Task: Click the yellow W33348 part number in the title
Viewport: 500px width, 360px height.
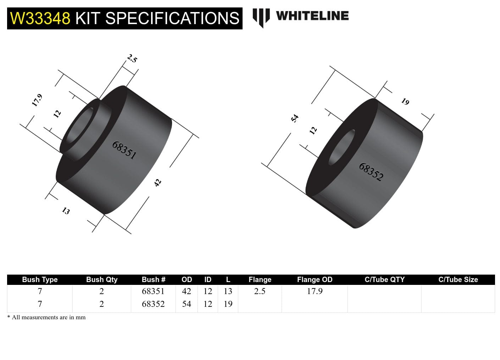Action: (40, 18)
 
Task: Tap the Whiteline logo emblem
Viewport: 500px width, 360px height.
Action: (261, 17)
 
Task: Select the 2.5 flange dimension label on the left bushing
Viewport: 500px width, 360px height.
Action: (132, 58)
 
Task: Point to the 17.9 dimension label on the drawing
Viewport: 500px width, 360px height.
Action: (37, 100)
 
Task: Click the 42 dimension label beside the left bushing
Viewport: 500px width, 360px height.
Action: (157, 182)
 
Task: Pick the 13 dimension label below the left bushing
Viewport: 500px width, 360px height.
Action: (66, 211)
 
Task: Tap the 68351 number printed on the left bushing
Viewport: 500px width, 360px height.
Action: (124, 150)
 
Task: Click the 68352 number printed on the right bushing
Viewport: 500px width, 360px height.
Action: (371, 172)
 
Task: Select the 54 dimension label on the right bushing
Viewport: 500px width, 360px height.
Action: (295, 118)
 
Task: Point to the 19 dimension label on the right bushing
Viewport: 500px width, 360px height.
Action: (405, 102)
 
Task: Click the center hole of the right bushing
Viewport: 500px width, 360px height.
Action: (342, 147)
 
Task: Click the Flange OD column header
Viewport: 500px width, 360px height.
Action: (315, 280)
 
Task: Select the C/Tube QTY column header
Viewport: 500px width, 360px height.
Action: (384, 280)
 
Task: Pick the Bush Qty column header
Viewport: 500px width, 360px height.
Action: (101, 280)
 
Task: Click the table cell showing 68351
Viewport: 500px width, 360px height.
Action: (153, 291)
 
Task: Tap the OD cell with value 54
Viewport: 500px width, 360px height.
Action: (187, 304)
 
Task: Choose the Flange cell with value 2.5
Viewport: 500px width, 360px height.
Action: (260, 291)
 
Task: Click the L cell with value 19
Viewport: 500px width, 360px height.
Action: (228, 304)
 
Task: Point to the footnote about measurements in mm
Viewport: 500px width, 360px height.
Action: (46, 317)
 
